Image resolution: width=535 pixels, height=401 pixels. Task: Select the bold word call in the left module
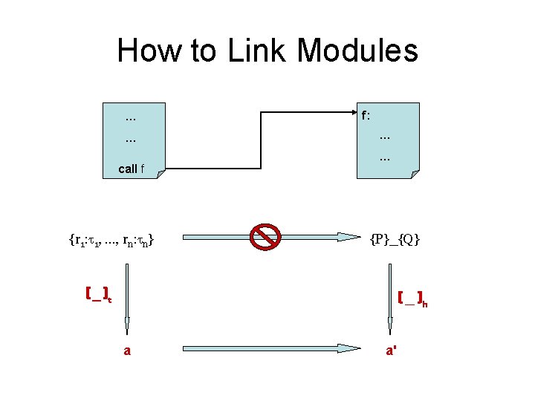pyautogui.click(x=128, y=169)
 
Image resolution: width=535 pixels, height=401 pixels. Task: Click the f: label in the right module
pyautogui.click(x=366, y=116)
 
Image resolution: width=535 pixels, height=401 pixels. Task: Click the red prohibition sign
pyautogui.click(x=264, y=237)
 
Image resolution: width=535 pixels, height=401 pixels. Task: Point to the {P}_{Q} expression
pyautogui.click(x=395, y=238)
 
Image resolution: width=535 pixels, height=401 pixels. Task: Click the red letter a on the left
pyautogui.click(x=127, y=351)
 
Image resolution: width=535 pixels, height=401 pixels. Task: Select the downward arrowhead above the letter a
pyautogui.click(x=127, y=325)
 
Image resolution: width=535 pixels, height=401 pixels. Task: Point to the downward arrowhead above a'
pyautogui.click(x=390, y=325)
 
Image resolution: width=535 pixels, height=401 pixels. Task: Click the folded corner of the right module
pyautogui.click(x=415, y=174)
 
